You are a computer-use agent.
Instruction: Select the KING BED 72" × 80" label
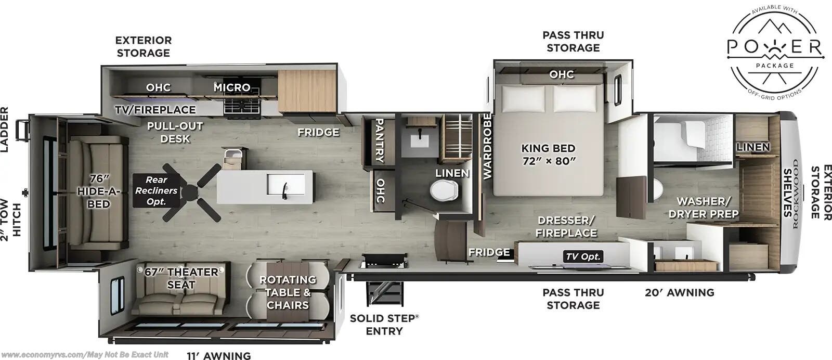[548, 154]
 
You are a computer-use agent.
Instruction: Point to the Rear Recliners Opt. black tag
[156, 190]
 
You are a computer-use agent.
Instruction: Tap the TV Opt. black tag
[583, 256]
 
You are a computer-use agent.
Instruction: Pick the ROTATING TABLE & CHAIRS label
[288, 292]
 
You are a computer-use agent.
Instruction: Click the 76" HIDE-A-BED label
[98, 191]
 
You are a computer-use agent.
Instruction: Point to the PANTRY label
[379, 140]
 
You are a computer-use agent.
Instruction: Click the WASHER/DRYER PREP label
[704, 207]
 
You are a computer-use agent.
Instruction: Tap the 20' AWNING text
[679, 292]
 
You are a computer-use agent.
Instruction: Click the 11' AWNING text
[218, 356]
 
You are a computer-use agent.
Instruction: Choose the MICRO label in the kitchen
[232, 87]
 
